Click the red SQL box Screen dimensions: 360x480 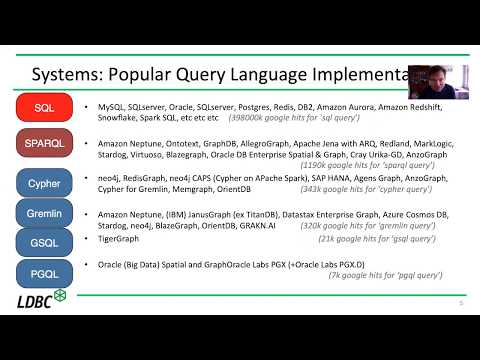pos(44,107)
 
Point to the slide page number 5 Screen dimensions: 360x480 pos(459,304)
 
